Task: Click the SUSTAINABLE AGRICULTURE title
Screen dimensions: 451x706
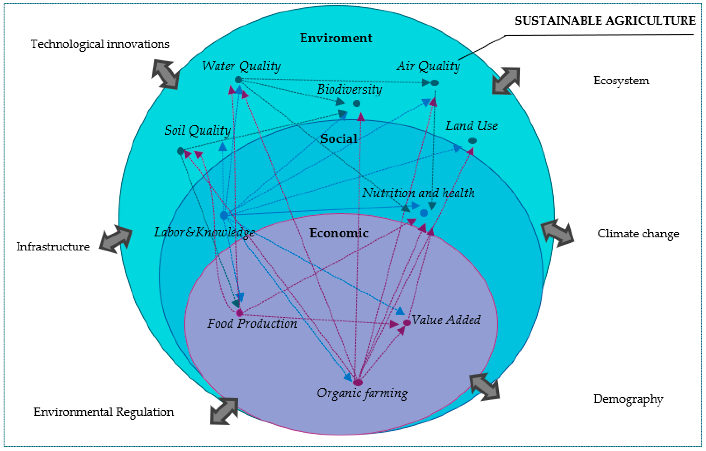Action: [605, 21]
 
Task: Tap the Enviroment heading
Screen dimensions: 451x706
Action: [335, 38]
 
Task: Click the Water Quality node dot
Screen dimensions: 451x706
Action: [238, 79]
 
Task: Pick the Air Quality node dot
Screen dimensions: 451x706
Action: [435, 83]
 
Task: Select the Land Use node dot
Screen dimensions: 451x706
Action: [472, 141]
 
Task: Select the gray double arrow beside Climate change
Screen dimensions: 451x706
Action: [557, 233]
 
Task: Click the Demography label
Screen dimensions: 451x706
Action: [628, 399]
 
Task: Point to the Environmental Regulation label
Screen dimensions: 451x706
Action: [104, 412]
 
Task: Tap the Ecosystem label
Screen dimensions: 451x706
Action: [621, 81]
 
